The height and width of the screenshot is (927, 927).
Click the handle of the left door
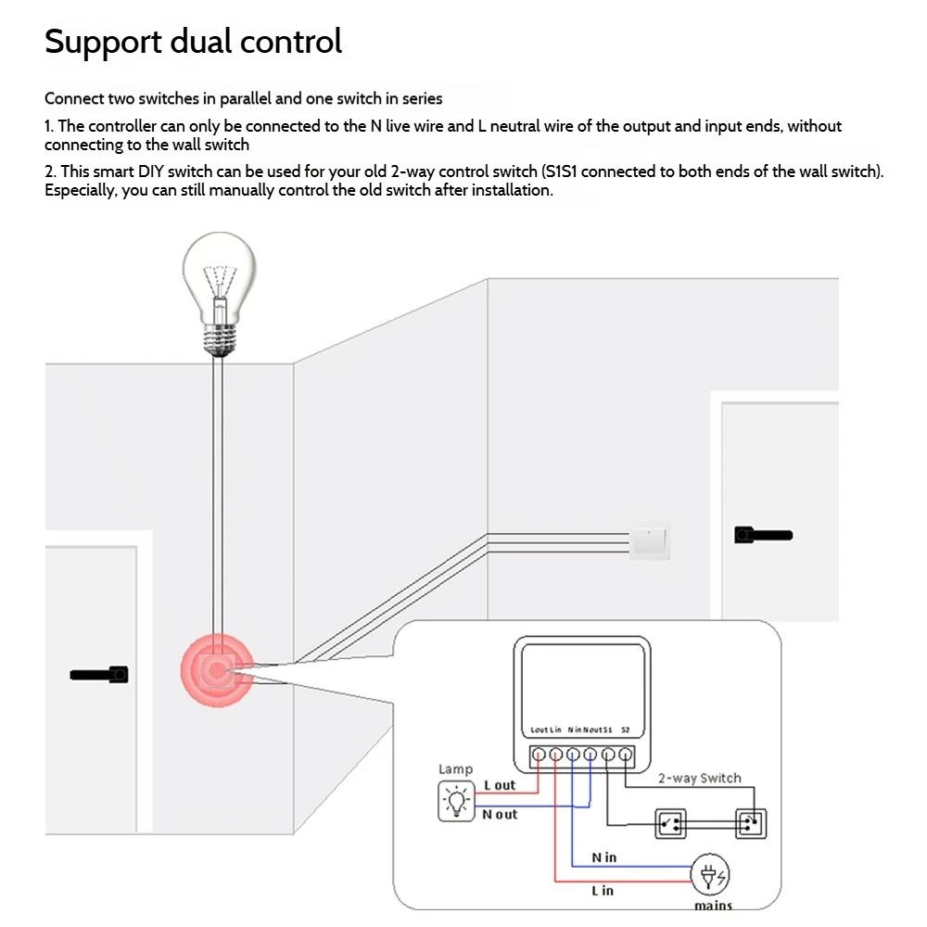[x=99, y=675]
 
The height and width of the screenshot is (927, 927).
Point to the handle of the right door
[x=762, y=535]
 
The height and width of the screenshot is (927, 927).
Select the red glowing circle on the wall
[x=216, y=670]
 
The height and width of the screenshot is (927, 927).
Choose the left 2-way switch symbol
[x=669, y=823]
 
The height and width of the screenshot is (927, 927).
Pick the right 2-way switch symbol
[x=751, y=823]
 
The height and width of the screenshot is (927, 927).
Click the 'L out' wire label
[x=500, y=785]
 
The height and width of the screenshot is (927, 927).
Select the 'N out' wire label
[x=500, y=814]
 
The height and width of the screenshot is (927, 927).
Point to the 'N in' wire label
[x=603, y=857]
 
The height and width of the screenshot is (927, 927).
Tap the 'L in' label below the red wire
[x=603, y=891]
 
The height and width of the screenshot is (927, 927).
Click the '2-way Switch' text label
[x=699, y=778]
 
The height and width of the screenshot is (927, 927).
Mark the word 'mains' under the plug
[x=713, y=906]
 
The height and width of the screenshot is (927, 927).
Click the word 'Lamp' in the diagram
[x=455, y=768]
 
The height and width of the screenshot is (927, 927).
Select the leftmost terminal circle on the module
[x=538, y=755]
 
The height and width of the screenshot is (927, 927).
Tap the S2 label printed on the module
[x=626, y=730]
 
